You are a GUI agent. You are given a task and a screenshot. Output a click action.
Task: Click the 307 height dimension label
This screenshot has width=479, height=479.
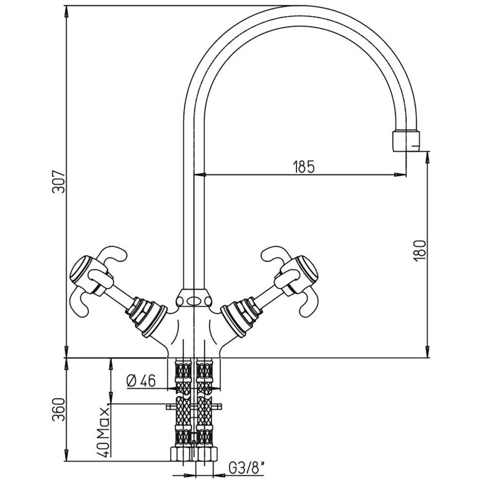click(x=58, y=181)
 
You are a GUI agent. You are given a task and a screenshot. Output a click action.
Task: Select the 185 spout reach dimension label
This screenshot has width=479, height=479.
click(x=303, y=167)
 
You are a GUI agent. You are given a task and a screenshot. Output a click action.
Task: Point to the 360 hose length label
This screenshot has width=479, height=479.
click(x=58, y=409)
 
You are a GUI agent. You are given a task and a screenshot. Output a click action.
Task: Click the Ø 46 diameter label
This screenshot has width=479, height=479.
click(x=141, y=381)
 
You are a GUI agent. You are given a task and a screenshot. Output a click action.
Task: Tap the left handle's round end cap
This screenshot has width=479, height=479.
click(x=81, y=270)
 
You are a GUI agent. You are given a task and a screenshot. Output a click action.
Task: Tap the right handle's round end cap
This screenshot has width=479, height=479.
click(x=307, y=270)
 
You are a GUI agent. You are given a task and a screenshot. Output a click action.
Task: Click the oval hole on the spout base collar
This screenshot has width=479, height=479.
click(x=194, y=301)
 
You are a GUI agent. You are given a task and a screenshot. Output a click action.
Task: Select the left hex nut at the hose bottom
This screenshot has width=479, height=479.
click(x=181, y=454)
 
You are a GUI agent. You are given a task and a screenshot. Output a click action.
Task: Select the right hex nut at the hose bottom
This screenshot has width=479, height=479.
click(x=207, y=454)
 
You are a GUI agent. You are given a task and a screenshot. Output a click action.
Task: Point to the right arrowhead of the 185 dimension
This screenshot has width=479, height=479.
click(x=400, y=175)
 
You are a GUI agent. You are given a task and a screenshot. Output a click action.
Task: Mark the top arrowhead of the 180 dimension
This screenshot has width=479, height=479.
click(x=428, y=157)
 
